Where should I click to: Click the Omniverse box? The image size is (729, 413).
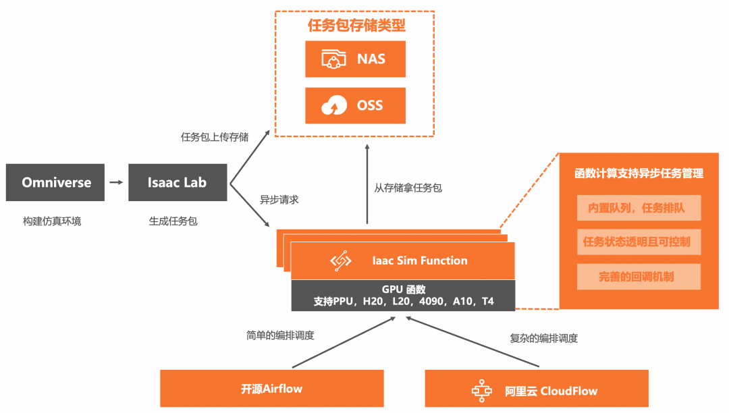pos(56,182)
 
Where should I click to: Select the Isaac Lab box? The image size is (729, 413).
pos(178,182)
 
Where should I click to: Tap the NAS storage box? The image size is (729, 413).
pos(355,59)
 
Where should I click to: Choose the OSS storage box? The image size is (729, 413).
pos(355,105)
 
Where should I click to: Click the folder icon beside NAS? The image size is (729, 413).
pos(333,59)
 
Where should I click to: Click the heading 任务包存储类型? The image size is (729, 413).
pos(356,26)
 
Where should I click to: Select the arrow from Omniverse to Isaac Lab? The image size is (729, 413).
pos(116,182)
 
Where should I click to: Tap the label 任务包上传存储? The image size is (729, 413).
pos(215,137)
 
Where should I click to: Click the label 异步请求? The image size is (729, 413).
pos(279,200)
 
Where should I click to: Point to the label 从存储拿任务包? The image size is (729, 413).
pos(408,188)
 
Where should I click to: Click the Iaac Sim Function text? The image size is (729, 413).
pos(419,260)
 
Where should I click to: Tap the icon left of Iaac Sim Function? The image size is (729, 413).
pos(341,261)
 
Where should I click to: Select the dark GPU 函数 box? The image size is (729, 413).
pos(403,295)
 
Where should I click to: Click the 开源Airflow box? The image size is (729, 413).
pos(271,389)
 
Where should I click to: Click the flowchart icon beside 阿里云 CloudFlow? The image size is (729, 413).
pos(481,390)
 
